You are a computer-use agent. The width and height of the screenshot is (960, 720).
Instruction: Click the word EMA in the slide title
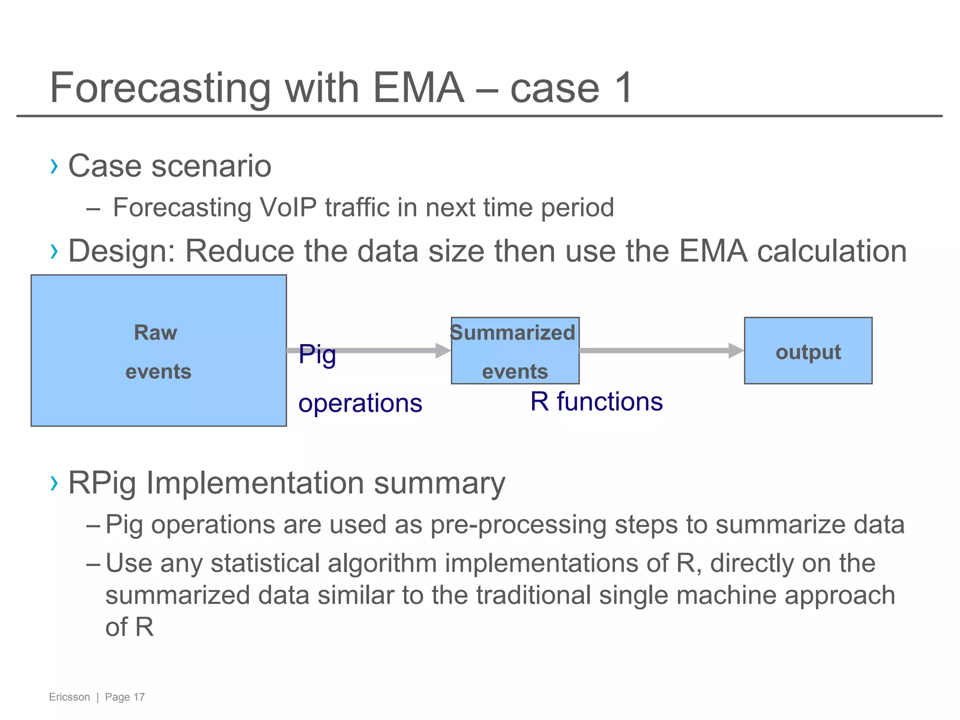click(418, 88)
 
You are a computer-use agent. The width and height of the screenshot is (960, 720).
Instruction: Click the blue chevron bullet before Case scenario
click(54, 166)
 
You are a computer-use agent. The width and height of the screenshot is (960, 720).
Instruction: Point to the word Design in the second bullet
click(121, 251)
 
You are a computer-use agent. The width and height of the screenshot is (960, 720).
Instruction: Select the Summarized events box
click(515, 351)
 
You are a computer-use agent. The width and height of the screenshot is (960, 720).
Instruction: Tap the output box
click(808, 351)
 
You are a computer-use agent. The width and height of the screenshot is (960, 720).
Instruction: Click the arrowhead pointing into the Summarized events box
click(442, 351)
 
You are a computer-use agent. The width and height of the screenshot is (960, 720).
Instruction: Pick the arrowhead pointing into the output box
click(735, 351)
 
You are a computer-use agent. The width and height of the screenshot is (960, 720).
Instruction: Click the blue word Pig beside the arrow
click(317, 355)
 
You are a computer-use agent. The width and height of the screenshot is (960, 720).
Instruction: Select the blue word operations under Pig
click(360, 403)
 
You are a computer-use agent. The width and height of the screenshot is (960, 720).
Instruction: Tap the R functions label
click(596, 402)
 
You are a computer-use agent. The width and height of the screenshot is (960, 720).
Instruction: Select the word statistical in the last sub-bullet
click(265, 563)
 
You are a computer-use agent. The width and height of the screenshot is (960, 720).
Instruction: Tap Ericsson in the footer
click(69, 697)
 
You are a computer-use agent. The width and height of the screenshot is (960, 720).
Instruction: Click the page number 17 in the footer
click(139, 697)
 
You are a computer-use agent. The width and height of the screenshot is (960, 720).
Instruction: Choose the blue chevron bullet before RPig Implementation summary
click(54, 483)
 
